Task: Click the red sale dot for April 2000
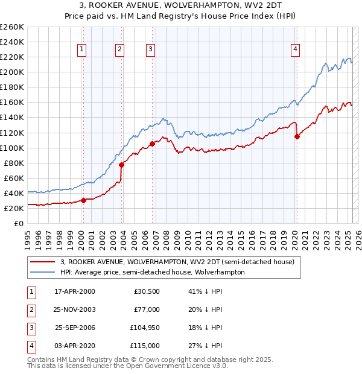pyautogui.click(x=84, y=200)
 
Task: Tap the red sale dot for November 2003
pyautogui.click(x=122, y=165)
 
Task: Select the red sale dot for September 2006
pyautogui.click(x=152, y=144)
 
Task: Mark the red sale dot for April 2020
pyautogui.click(x=297, y=136)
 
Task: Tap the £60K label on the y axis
pyautogui.click(x=13, y=178)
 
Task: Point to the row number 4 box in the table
pyautogui.click(x=30, y=346)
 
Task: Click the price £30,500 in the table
pyautogui.click(x=147, y=291)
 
